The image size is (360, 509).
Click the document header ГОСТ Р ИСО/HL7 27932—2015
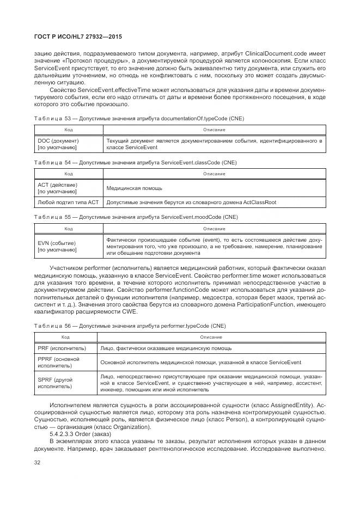pyautogui.click(x=78, y=37)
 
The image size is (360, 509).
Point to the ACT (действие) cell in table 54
pyautogui.click(x=57, y=188)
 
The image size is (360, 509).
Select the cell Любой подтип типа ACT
pyautogui.click(x=68, y=202)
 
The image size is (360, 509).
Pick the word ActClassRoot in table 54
pyautogui.click(x=256, y=202)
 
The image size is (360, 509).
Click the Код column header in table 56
pyautogui.click(x=65, y=338)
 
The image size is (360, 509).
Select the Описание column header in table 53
pyautogui.click(x=214, y=130)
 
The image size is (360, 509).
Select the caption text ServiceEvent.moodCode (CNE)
pyautogui.click(x=199, y=216)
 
